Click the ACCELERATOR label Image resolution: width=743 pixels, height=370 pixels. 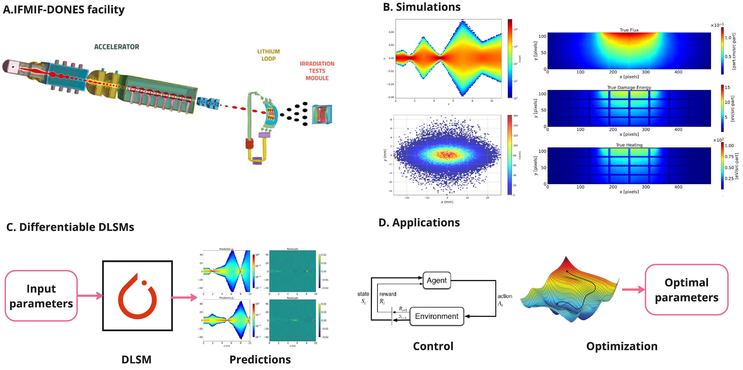click(x=117, y=47)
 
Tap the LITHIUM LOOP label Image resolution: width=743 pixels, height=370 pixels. click(x=268, y=55)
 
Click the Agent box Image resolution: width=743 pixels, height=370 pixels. click(x=436, y=280)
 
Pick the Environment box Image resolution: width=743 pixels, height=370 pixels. click(x=436, y=316)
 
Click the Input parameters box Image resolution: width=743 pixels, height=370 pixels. click(x=41, y=296)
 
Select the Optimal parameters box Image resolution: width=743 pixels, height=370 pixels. click(x=686, y=290)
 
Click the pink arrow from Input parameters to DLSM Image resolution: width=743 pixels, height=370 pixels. click(x=90, y=296)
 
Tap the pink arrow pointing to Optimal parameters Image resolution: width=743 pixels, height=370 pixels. click(x=633, y=290)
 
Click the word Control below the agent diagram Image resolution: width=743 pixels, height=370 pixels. click(x=433, y=346)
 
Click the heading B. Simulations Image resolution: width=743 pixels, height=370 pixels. click(x=421, y=7)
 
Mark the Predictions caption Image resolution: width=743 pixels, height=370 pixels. click(x=260, y=359)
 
